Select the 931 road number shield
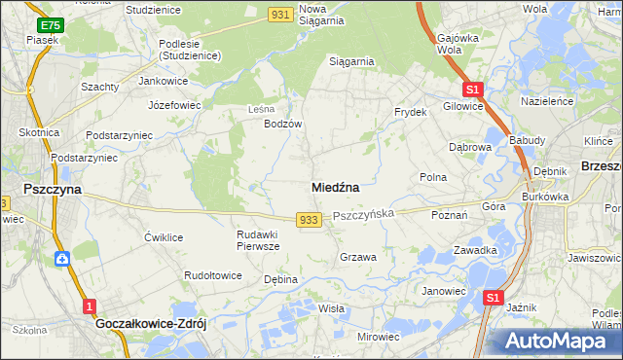tap(281, 13)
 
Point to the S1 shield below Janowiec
tap(494, 298)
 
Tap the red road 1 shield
tap(90, 306)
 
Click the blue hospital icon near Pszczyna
tap(61, 259)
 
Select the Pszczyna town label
tap(53, 192)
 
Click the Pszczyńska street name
tap(363, 214)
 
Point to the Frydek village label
tap(411, 113)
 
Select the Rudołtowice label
tap(213, 275)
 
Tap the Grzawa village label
tap(357, 257)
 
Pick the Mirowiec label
tap(379, 336)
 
